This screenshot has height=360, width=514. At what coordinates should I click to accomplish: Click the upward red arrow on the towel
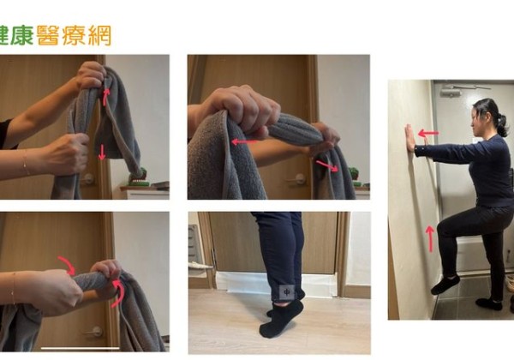[x=106, y=94]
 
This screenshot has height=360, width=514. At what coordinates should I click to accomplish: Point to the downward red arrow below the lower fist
[x=102, y=152]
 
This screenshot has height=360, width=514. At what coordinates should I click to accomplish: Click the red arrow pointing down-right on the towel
[x=325, y=164]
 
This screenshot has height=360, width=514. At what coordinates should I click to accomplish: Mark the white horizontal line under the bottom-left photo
[x=81, y=348]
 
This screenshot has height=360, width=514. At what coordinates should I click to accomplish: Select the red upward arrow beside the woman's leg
[x=430, y=238]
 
